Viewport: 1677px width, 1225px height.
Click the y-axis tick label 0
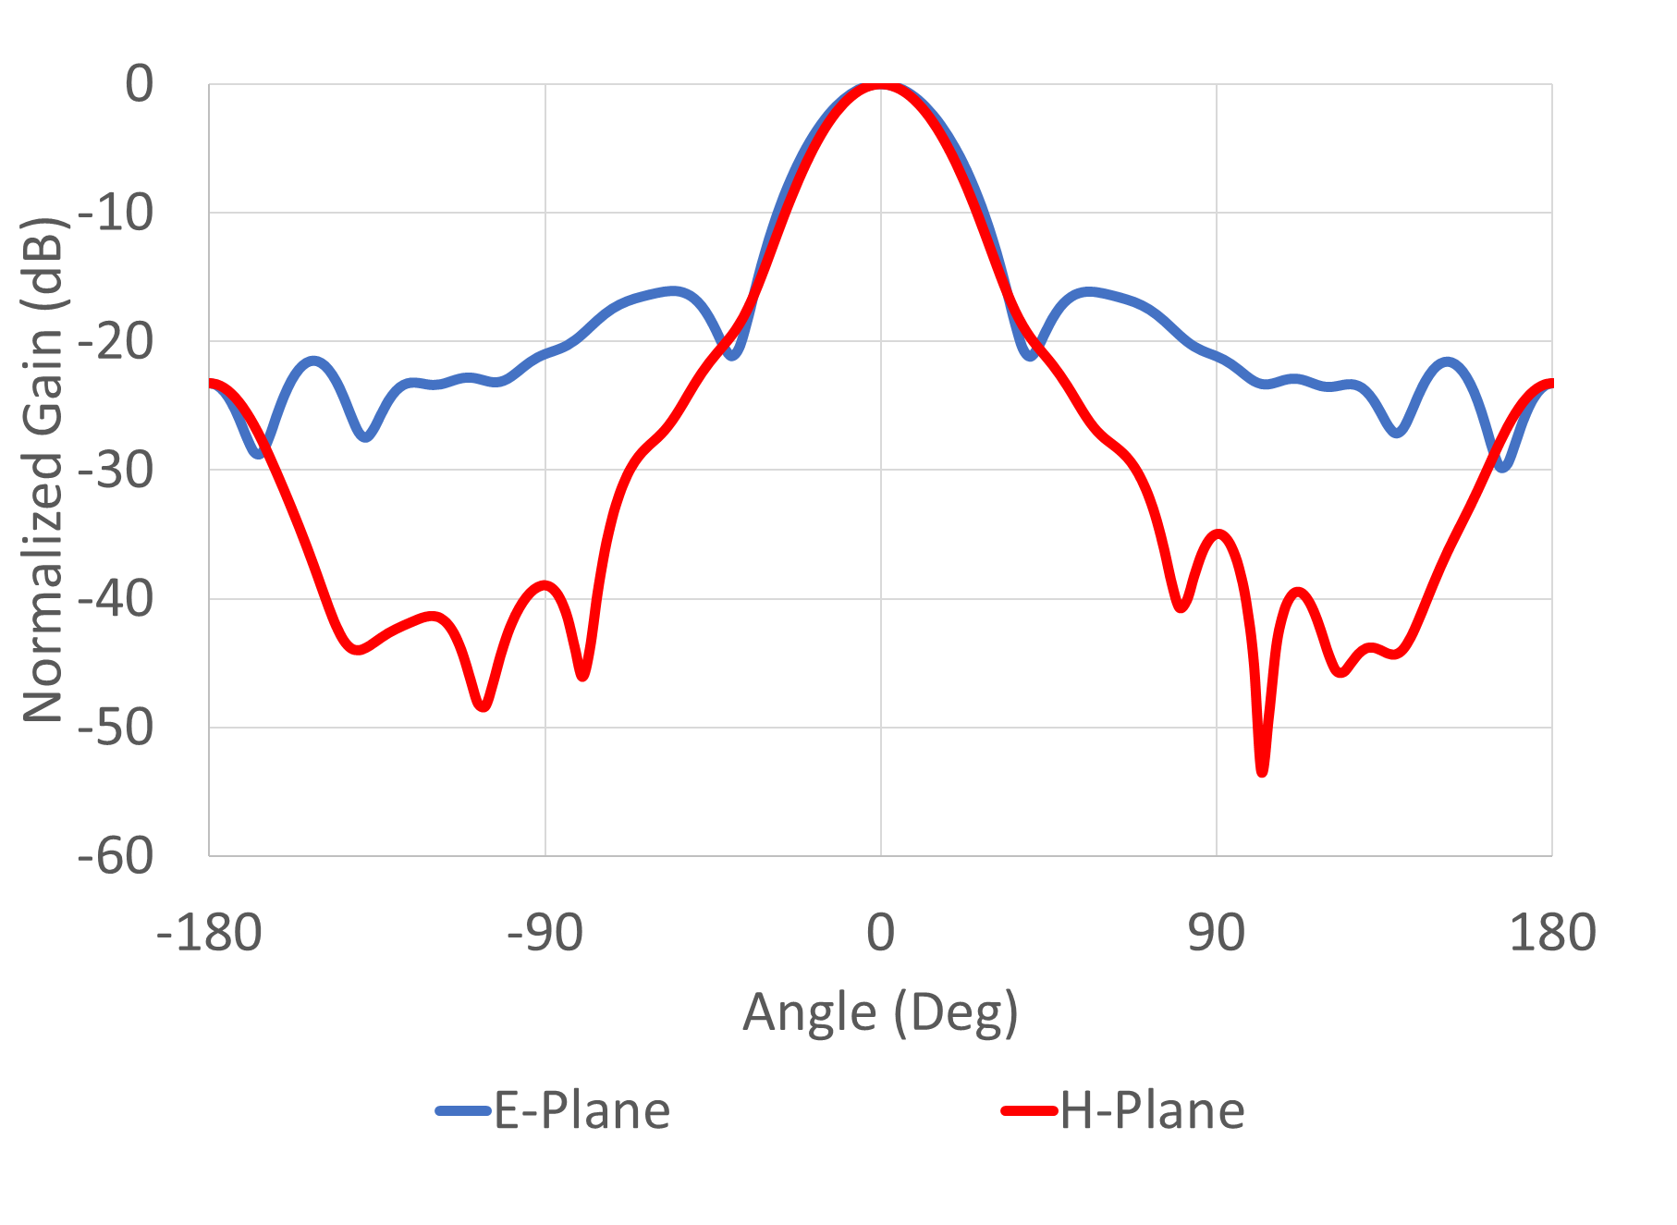[x=140, y=84]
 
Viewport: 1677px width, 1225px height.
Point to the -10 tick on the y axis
[x=116, y=214]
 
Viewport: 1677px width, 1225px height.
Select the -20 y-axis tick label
[x=116, y=342]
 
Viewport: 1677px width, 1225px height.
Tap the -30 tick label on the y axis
[x=116, y=471]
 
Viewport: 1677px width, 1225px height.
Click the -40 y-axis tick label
[x=116, y=599]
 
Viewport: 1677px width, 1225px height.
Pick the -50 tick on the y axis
[x=116, y=728]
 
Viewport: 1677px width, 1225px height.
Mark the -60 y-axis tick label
[x=116, y=856]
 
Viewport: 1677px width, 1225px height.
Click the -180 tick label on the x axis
[x=209, y=932]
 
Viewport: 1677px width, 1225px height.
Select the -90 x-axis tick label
[x=545, y=932]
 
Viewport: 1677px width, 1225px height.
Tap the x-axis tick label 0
[x=880, y=932]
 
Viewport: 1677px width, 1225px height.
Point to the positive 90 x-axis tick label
[x=1216, y=932]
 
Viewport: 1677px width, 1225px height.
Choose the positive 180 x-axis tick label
[x=1552, y=932]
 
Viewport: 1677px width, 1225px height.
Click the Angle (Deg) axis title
[x=880, y=1012]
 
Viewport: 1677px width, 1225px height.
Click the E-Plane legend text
[x=581, y=1110]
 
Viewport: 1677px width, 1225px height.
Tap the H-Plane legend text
[x=1152, y=1110]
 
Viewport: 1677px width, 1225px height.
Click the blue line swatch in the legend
[x=462, y=1110]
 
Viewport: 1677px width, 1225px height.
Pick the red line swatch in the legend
[x=1029, y=1110]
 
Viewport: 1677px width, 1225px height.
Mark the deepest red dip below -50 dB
[x=1262, y=770]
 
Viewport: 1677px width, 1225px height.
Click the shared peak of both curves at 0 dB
[x=880, y=85]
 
